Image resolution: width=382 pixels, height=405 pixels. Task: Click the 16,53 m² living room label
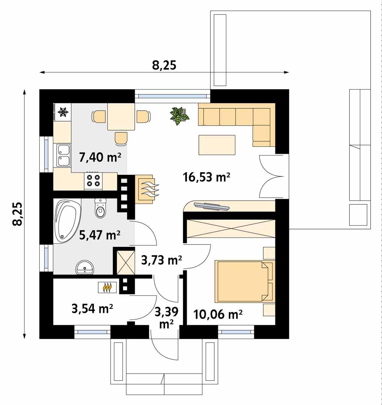point(206,177)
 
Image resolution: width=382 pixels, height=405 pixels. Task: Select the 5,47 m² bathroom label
point(100,235)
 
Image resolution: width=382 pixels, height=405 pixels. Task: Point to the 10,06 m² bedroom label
point(218,314)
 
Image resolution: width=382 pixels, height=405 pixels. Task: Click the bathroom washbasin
point(86,268)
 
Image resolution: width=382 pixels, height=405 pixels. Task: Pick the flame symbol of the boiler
point(107,288)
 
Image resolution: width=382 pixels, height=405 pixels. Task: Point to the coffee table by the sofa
point(217,145)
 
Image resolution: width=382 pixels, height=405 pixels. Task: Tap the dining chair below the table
point(121,138)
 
